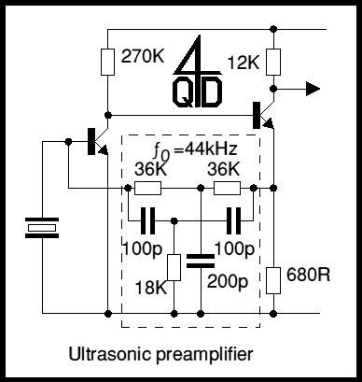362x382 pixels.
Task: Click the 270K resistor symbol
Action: coord(107,61)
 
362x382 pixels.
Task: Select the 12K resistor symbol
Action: coord(272,61)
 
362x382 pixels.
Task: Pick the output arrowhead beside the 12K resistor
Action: coord(313,88)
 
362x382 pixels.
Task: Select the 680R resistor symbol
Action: coord(272,278)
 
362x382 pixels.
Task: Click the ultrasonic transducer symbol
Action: coord(41,227)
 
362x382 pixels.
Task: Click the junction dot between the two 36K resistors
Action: coord(201,189)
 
